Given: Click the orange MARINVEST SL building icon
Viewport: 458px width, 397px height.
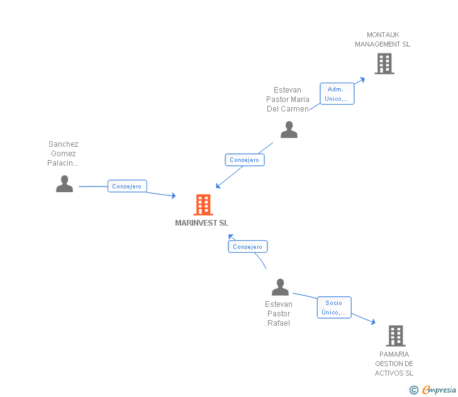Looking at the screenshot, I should coord(203,205).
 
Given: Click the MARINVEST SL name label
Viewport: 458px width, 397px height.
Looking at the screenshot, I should coord(202,223).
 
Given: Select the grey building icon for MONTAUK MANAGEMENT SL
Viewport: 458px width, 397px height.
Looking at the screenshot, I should coord(384,64).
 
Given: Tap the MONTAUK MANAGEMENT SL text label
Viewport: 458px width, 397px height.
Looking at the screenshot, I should coord(382,40).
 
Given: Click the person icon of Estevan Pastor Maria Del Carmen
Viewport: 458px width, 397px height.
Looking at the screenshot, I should coord(289,130).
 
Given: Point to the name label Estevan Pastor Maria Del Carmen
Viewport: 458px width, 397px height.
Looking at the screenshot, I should coord(288,100).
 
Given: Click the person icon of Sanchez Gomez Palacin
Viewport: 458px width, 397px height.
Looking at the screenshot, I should coord(64,183).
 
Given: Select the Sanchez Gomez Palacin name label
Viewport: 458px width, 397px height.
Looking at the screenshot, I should coord(63,154).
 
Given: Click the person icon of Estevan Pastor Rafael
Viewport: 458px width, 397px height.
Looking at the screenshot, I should coord(280,287).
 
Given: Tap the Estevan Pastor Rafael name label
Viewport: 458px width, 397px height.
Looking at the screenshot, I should coord(278,314).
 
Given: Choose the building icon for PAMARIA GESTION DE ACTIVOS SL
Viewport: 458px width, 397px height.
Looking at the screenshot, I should coord(395,336).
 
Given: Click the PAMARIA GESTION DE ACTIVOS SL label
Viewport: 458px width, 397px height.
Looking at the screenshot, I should coord(394,364).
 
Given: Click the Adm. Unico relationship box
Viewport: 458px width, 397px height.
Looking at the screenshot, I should coord(337,94).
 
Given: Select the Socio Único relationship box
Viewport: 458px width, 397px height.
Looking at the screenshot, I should coord(334,308).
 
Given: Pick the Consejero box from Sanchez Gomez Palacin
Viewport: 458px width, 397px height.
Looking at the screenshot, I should coord(127,187).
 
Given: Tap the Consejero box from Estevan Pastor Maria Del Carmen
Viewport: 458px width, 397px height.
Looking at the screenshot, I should coord(245,160).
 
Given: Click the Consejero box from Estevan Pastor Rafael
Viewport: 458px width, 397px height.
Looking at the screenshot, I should coord(248,247).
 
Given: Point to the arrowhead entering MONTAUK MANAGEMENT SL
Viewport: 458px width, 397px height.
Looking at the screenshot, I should coord(362,79).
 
